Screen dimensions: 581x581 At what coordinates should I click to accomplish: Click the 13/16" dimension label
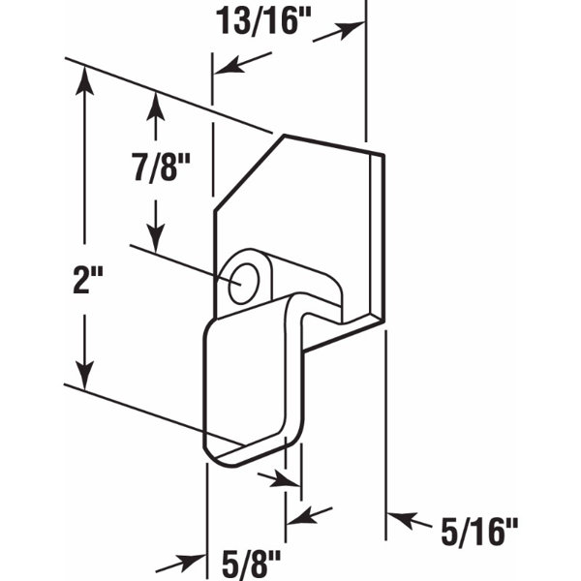coord(262,21)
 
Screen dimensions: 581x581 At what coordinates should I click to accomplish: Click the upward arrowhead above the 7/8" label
coord(153,102)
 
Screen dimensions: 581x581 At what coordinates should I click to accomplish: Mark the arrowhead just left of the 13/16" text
coord(225,68)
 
